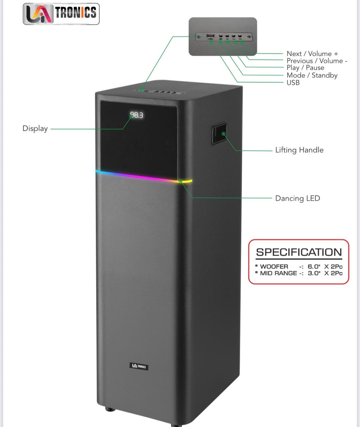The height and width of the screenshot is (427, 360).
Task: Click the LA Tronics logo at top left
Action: tap(61, 14)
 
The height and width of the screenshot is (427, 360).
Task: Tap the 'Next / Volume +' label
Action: tap(312, 54)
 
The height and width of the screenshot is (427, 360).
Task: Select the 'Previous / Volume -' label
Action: tap(317, 61)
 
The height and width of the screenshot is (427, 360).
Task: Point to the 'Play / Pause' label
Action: tap(305, 68)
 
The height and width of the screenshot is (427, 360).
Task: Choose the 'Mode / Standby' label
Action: tap(312, 75)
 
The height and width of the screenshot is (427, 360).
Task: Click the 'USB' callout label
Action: tap(293, 83)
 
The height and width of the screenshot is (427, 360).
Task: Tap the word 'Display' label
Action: tap(35, 128)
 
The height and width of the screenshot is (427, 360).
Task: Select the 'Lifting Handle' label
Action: tap(299, 150)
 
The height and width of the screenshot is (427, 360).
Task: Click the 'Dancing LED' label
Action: tap(297, 198)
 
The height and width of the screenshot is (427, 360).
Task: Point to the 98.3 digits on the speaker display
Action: tap(136, 115)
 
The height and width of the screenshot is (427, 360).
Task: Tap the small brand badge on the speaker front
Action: tap(139, 366)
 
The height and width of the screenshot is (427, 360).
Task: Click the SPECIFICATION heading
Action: tap(299, 252)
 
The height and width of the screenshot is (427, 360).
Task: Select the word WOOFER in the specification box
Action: tap(274, 267)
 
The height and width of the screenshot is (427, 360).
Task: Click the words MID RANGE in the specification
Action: tap(278, 273)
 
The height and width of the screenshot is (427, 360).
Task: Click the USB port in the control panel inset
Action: tap(210, 36)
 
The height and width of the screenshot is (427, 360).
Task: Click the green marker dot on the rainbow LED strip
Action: tap(180, 181)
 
